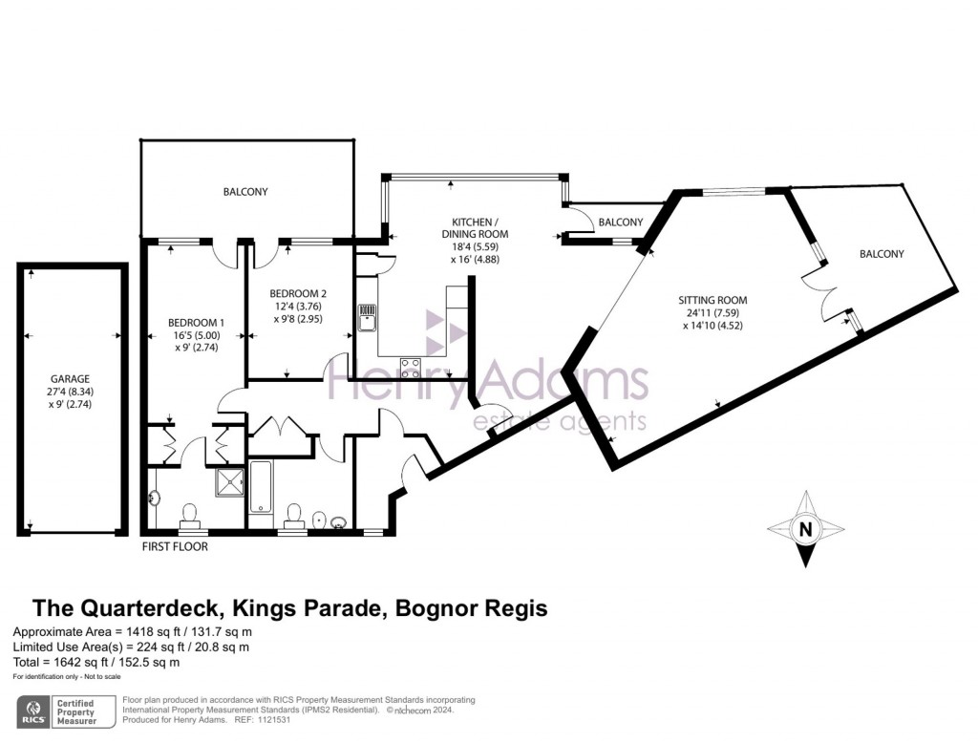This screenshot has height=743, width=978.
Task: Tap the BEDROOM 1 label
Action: click(197, 322)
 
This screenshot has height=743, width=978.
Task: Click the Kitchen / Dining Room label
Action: click(475, 226)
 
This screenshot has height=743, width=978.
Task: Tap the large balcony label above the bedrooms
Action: click(245, 192)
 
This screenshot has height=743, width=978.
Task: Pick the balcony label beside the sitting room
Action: click(881, 254)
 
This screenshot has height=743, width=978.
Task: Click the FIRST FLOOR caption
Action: click(174, 547)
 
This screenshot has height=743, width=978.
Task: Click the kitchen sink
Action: click(367, 315)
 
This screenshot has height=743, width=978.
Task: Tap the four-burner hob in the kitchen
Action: click(412, 367)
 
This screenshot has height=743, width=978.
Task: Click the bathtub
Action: click(262, 486)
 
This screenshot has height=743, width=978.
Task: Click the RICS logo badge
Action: click(35, 711)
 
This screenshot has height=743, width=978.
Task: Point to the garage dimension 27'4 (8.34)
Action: click(72, 393)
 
